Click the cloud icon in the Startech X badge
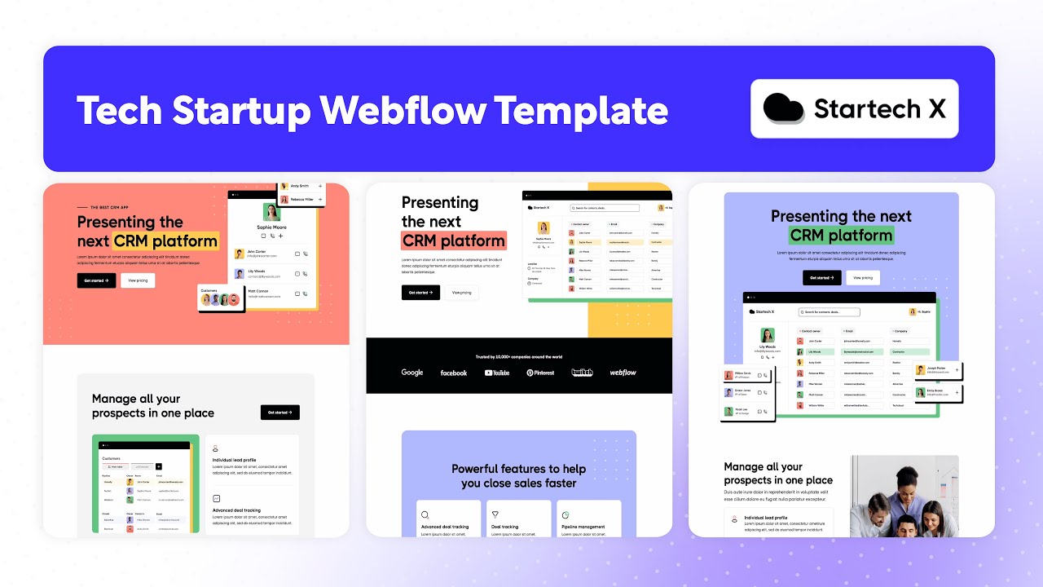point(784,108)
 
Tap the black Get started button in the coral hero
point(96,280)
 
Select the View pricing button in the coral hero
point(138,280)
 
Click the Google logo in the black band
point(412,373)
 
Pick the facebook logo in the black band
point(454,373)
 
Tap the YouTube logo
point(496,373)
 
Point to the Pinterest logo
point(540,373)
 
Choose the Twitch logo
point(582,373)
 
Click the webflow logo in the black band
point(623,373)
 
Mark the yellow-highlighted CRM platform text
point(166,241)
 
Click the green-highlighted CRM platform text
point(842,236)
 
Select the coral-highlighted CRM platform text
point(454,241)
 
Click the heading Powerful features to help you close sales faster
point(518,476)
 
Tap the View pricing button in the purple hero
point(862,278)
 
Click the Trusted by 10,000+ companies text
point(518,357)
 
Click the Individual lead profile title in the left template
point(234,460)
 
